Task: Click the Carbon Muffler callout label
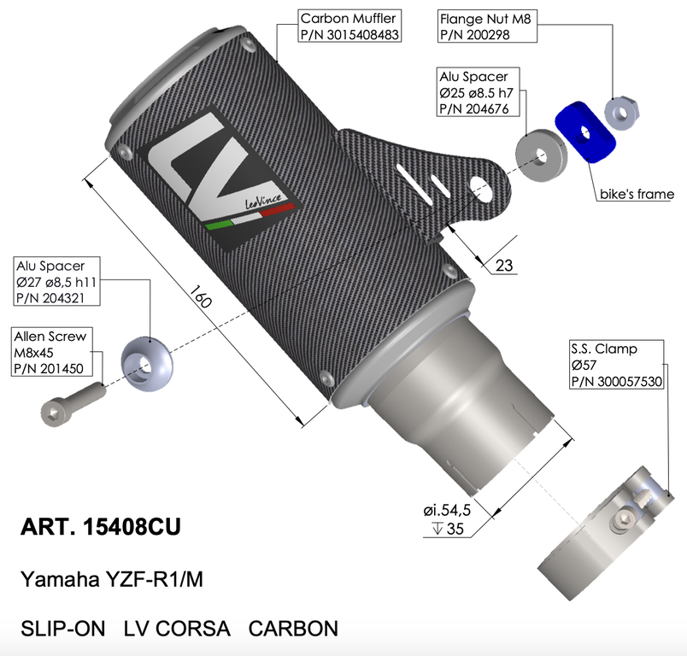[x=349, y=26]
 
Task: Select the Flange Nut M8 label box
[x=487, y=26]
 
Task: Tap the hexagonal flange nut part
[x=622, y=113]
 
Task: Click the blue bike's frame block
[x=585, y=132]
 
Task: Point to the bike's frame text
[x=637, y=194]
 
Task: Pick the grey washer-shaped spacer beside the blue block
[x=541, y=155]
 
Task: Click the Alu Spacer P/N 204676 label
[x=478, y=92]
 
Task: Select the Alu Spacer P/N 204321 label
[x=56, y=281]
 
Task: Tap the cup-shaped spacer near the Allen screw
[x=146, y=364]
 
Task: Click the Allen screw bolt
[x=73, y=404]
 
